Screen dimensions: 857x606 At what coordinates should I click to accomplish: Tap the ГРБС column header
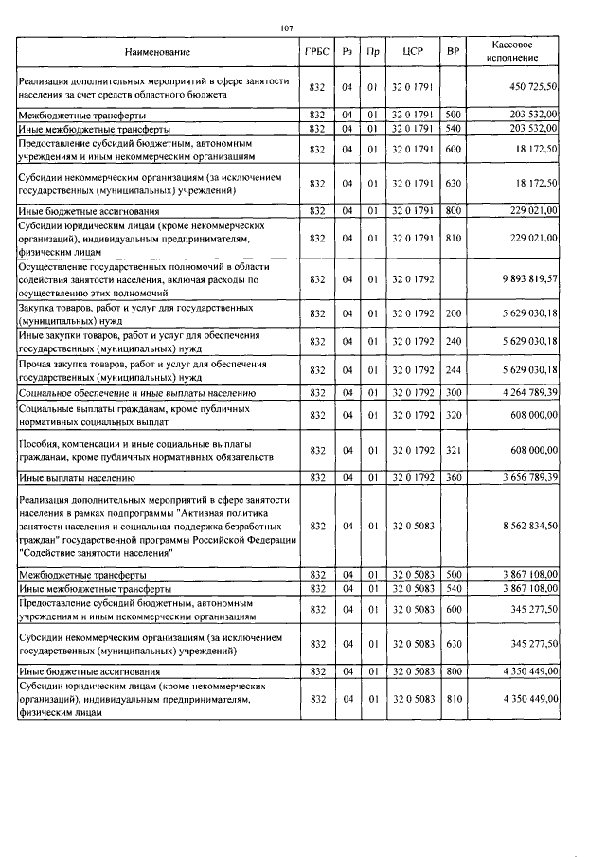(x=317, y=51)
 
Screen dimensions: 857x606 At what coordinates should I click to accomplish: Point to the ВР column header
(x=453, y=51)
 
